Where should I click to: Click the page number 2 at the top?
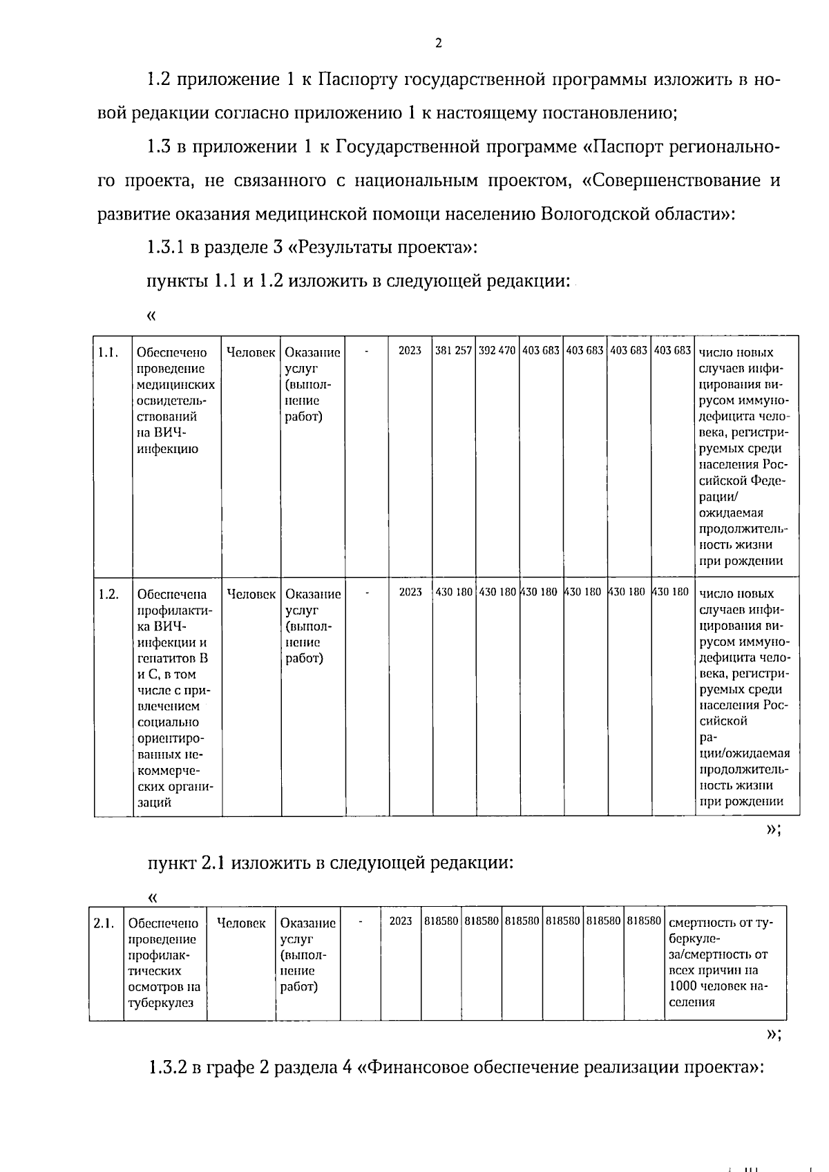coord(438,44)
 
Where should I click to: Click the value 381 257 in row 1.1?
coord(454,350)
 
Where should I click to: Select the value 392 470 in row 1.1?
coord(497,350)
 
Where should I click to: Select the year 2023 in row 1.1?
coord(410,350)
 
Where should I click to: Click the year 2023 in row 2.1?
coord(401,921)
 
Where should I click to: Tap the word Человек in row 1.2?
coord(251,594)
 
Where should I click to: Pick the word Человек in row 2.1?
coord(241,923)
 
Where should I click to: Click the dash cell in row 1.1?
coord(366,350)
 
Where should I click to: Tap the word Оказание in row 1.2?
coord(313,594)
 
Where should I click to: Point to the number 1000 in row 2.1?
coord(683,986)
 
